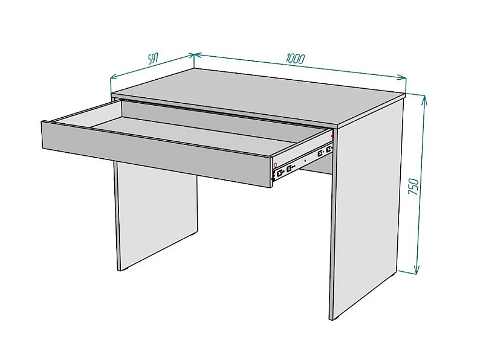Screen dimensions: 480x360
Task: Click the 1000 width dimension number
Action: point(295,59)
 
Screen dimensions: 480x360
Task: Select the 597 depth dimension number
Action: point(153,59)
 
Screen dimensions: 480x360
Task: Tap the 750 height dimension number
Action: point(414,186)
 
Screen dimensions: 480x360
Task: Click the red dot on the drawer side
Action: point(332,136)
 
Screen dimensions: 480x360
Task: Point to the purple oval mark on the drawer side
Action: point(275,164)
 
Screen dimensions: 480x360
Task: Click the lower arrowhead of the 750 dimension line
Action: point(417,269)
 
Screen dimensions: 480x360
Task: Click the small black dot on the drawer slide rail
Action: point(305,160)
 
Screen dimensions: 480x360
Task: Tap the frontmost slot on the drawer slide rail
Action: point(280,174)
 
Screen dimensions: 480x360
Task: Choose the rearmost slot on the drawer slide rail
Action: point(329,149)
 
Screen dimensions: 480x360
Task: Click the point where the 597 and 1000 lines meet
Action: point(193,55)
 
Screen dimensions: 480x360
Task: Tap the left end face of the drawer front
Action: point(42,135)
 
